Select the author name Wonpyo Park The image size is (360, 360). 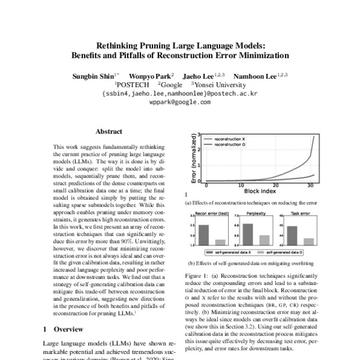(x=153, y=75)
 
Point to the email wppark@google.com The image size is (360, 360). (x=179, y=102)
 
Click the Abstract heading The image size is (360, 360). (x=109, y=131)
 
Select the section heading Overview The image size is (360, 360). (x=69, y=329)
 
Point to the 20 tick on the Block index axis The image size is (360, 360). (x=275, y=185)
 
